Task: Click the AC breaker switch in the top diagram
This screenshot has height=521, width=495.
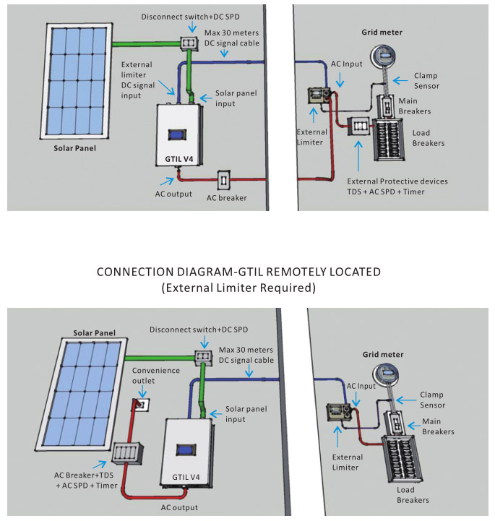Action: tap(223, 180)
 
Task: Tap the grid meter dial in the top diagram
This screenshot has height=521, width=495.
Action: tap(384, 56)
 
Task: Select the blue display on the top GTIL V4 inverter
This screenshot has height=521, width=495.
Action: tap(177, 134)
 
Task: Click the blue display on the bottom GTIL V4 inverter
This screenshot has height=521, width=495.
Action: tap(186, 450)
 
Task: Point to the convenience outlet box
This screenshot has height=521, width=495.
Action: tap(141, 405)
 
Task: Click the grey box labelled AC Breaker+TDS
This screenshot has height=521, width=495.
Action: tap(128, 453)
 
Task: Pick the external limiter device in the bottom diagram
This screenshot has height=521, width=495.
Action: tap(339, 412)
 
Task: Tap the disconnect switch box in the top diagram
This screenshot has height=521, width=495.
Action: tap(189, 43)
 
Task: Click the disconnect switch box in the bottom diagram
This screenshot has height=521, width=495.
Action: tap(203, 356)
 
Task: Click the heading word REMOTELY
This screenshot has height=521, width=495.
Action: tap(296, 272)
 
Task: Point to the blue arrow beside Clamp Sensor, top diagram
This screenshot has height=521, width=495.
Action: tap(400, 80)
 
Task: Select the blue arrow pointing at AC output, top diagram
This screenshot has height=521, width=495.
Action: tap(167, 181)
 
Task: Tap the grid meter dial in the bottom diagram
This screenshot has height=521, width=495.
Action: tap(385, 375)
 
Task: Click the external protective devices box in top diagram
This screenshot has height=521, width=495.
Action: tap(358, 126)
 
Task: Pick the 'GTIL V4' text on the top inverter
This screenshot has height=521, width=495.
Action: tap(178, 159)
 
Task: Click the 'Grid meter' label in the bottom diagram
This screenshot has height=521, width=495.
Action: tap(383, 355)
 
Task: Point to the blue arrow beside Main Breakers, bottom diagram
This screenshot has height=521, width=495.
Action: tap(414, 426)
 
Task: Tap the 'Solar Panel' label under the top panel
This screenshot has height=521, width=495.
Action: tap(74, 149)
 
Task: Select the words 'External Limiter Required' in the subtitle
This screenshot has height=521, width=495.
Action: tap(239, 288)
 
